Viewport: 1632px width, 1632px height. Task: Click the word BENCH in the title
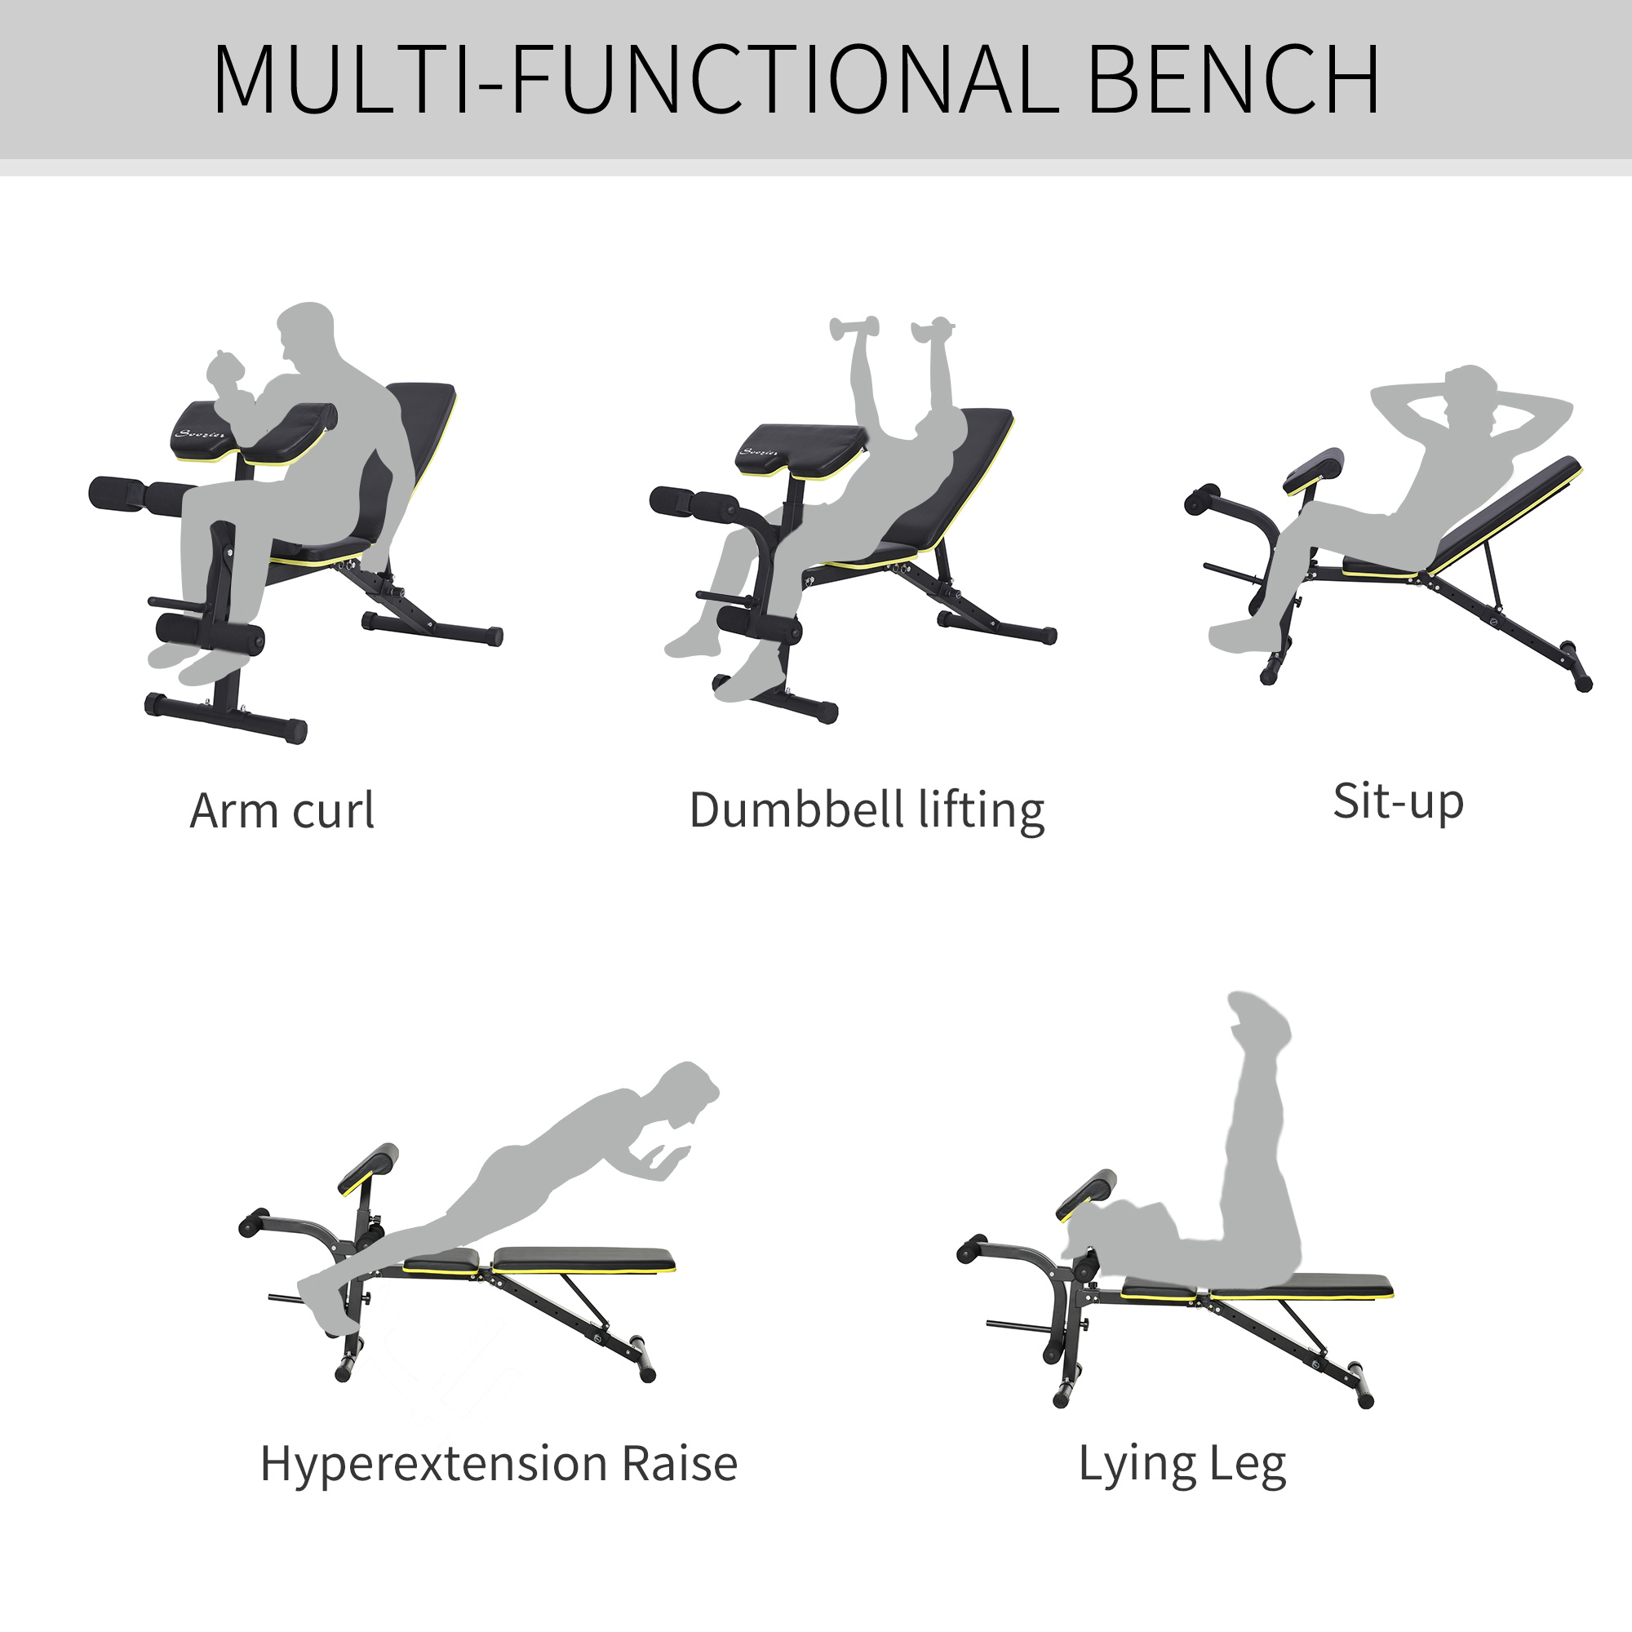click(1233, 79)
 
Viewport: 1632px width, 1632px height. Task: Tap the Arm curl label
click(282, 811)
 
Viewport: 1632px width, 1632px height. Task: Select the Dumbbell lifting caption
click(867, 811)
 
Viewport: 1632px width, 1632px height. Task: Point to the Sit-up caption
click(1398, 801)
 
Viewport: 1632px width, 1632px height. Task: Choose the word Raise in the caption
click(679, 1463)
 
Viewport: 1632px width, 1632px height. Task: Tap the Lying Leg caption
click(1182, 1464)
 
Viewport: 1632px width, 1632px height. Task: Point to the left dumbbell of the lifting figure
click(854, 327)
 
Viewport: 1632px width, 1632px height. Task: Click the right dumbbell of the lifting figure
click(933, 328)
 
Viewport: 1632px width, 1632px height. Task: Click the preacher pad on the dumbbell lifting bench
click(802, 442)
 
